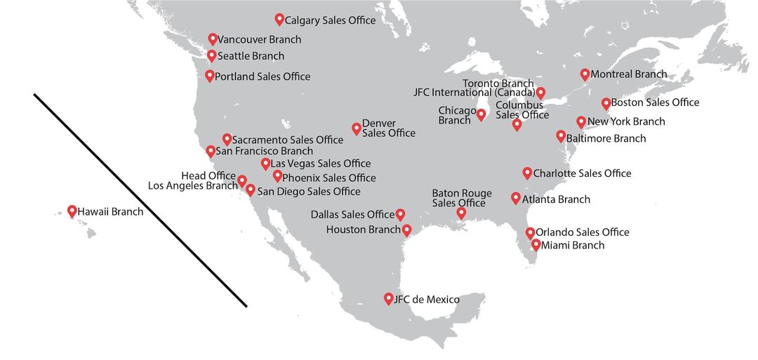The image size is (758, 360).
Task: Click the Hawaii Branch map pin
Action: pos(72,211)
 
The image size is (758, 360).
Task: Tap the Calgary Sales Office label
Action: pos(330,20)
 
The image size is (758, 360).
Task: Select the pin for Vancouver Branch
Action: pos(213,39)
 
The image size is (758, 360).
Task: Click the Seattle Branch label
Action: pos(251,56)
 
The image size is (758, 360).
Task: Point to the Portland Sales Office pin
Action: pos(210,76)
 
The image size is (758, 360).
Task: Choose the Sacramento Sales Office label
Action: pos(287,140)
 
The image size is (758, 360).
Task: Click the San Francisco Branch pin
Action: pos(211,150)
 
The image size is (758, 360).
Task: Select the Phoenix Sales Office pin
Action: pos(277,176)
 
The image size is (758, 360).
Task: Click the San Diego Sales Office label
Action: pos(309,191)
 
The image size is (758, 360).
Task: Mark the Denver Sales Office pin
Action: pos(357,128)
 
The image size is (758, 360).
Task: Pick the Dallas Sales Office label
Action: pos(352,214)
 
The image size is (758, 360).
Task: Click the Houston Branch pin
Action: pos(406,229)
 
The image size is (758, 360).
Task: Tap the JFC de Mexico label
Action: pos(427,300)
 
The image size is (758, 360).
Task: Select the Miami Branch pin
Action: pos(536,244)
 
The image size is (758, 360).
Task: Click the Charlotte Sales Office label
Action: pos(582,173)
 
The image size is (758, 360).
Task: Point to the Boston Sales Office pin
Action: pos(606,103)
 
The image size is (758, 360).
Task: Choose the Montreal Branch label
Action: pos(628,74)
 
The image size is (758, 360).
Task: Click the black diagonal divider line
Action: pos(140,200)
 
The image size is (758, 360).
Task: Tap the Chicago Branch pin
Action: pos(481,114)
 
